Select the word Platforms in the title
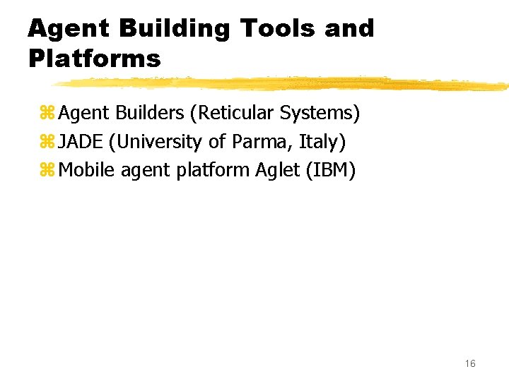tap(95, 58)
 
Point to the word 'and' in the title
tap(349, 29)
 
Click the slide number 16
tap(470, 363)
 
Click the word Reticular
tap(235, 113)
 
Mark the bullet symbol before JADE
tap(47, 143)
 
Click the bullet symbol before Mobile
tap(47, 171)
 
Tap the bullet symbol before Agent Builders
tap(47, 114)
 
